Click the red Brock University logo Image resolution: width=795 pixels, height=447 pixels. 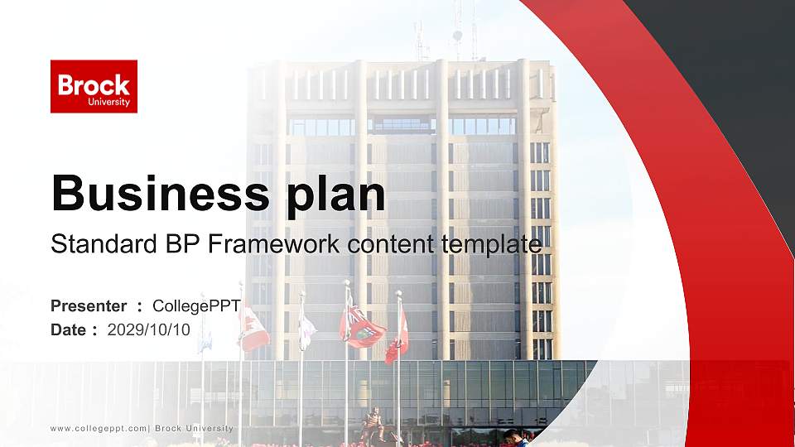[94, 86]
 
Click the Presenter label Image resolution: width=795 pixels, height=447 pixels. [89, 305]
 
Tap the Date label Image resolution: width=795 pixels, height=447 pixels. [69, 329]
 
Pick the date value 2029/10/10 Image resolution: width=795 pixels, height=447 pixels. [149, 329]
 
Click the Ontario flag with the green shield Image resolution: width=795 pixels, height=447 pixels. [363, 326]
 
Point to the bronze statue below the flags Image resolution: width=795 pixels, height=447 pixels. [372, 425]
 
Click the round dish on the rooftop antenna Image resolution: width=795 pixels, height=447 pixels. [456, 36]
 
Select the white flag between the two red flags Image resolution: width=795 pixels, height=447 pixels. [306, 331]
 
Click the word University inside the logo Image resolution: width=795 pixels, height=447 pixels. [108, 102]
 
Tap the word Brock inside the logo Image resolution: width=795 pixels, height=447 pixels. [94, 84]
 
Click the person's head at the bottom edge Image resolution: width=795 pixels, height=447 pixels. [511, 435]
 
